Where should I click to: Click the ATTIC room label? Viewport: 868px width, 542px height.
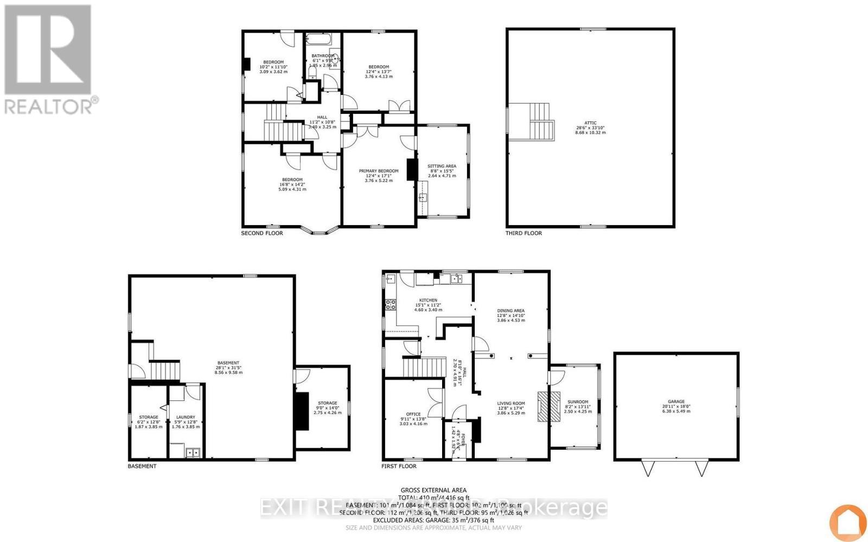click(x=591, y=123)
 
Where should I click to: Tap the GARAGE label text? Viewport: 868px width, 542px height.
click(x=676, y=402)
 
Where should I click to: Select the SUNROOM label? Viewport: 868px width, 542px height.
click(x=575, y=402)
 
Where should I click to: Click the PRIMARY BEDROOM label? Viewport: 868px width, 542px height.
click(x=378, y=171)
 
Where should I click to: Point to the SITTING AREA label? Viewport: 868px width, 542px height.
click(x=442, y=166)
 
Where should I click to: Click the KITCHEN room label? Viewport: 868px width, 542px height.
click(x=427, y=300)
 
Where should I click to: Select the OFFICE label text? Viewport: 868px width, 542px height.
click(x=413, y=414)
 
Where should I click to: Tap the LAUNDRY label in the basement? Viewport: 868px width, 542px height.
click(x=186, y=417)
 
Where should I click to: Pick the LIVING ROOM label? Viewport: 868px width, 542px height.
click(x=511, y=403)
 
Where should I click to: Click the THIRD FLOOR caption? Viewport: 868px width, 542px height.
click(x=524, y=233)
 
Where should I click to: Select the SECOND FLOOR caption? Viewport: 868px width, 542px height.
click(x=261, y=233)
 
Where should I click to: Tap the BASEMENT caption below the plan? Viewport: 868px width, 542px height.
click(x=142, y=466)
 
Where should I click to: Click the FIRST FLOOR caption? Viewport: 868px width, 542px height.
click(x=399, y=466)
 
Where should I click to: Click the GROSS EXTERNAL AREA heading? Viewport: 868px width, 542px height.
click(x=433, y=490)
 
